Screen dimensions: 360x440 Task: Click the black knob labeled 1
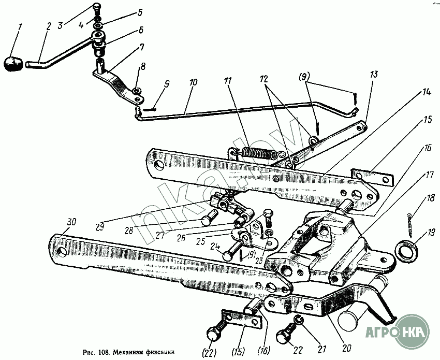tap(13, 63)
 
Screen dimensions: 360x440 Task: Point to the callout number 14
tap(426, 92)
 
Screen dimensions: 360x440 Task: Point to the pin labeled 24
tap(229, 255)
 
